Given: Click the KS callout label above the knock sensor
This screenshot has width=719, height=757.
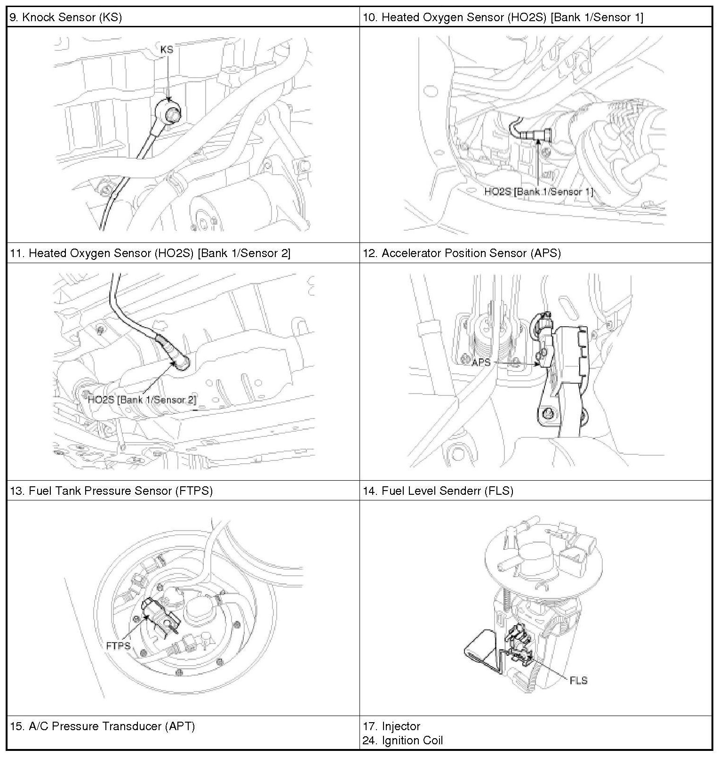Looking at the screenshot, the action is pos(167,49).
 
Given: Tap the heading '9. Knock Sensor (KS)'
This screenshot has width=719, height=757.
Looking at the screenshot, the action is pos(66,17).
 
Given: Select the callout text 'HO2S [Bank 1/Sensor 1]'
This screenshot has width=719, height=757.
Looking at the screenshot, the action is pos(539,192).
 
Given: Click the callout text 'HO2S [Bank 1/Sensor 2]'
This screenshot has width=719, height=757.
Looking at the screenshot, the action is pos(142,400).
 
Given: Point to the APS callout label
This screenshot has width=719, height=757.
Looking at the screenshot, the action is pos(481,362).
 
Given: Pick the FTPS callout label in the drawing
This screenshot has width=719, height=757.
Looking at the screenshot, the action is pos(118,645).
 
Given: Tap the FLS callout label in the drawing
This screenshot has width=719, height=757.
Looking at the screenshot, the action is pos(578,680).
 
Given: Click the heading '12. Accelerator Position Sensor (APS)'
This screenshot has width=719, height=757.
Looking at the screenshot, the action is pos(462,253).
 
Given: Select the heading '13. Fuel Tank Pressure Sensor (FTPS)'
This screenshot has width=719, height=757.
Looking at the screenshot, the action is pos(112,491).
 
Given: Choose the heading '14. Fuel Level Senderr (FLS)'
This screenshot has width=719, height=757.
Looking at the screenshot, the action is pos(438,491).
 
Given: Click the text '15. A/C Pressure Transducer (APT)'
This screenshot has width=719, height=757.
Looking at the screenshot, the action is pos(103,726).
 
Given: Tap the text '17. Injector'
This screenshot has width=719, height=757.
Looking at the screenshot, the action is pos(391,726).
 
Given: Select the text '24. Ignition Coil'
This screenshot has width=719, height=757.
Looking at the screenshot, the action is pos(403,741).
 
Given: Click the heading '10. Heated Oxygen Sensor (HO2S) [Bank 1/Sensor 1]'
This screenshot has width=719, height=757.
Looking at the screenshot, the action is pos(503,17).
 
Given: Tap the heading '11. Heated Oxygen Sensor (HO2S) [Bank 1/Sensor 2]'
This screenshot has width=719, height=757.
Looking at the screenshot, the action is pos(150,253).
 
